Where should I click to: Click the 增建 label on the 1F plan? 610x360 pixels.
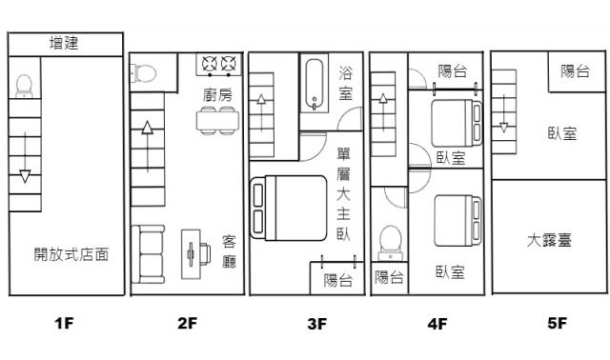point(64,43)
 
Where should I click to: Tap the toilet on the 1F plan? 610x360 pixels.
point(24,87)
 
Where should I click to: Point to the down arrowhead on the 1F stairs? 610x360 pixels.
point(25,176)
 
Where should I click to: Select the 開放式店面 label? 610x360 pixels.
point(71,254)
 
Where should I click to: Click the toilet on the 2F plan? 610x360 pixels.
point(143,73)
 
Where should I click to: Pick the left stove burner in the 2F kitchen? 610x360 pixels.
point(210,64)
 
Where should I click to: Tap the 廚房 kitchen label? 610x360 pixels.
point(217,95)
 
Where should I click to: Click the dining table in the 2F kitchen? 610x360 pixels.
point(217,121)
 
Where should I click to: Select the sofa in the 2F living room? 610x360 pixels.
point(149,254)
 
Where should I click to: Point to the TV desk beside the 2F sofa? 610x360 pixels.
point(195,254)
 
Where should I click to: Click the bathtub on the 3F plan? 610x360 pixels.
point(315,85)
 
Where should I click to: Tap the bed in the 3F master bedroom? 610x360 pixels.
point(288,208)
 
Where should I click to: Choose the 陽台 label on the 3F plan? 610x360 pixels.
point(338,280)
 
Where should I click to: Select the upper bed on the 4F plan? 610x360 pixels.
point(457,123)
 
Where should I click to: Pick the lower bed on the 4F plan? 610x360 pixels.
point(457,221)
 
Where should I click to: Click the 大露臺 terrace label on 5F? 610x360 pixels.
point(549,240)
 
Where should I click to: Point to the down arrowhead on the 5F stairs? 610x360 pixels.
point(504,128)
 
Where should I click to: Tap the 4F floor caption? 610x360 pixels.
point(437,324)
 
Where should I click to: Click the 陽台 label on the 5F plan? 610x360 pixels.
point(575,71)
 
